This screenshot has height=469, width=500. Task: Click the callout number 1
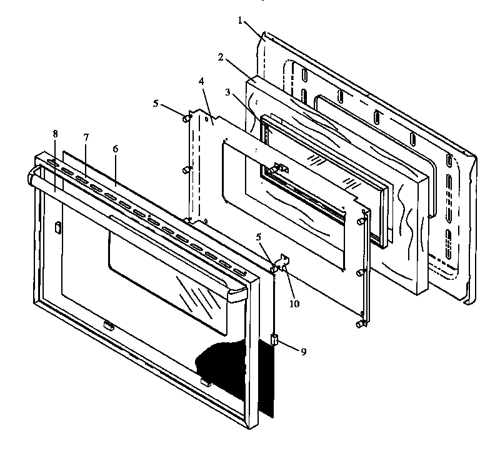239,20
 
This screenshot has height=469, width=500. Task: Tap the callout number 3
229,92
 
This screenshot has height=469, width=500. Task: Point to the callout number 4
201,81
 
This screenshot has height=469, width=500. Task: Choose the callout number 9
303,352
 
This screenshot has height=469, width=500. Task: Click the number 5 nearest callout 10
259,237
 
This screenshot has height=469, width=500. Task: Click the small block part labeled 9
273,340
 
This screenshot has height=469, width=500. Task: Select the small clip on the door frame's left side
56,227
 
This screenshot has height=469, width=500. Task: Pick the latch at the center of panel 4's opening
279,169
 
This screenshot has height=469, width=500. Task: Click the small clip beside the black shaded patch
205,381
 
